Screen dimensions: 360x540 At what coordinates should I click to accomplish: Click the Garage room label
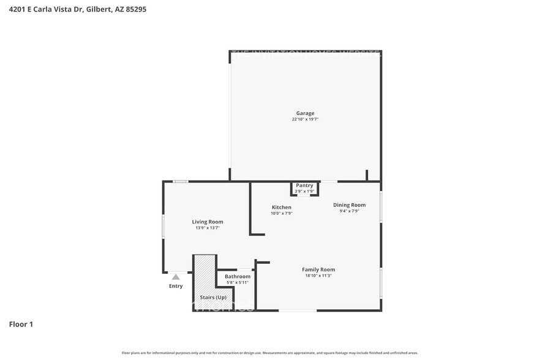(305, 113)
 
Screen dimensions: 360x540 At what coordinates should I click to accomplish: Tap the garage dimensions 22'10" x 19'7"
(305, 119)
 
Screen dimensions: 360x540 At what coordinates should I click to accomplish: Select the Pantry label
(304, 186)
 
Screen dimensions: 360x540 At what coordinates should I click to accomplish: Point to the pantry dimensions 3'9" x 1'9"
(304, 192)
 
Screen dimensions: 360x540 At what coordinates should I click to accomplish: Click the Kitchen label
(282, 207)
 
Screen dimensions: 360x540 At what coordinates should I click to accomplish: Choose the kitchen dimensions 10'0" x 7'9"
(282, 213)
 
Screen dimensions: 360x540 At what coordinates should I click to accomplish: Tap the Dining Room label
(349, 205)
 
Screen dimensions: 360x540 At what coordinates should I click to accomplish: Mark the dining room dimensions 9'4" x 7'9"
(349, 211)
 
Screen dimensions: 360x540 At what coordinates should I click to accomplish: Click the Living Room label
(208, 222)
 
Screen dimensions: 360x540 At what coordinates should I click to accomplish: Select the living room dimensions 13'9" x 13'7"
(208, 228)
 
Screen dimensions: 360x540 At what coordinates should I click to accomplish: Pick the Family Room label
(318, 269)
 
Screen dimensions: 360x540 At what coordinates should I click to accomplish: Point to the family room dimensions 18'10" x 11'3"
(318, 276)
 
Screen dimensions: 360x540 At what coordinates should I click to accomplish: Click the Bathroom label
(238, 276)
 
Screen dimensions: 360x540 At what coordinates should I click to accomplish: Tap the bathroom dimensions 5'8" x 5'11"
(238, 282)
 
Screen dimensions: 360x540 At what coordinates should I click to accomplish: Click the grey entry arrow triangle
(176, 277)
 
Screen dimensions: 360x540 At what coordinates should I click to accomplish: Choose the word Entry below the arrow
(176, 286)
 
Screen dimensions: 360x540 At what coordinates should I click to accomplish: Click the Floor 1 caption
(21, 324)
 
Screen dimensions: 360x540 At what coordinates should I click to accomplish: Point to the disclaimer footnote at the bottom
(270, 353)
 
